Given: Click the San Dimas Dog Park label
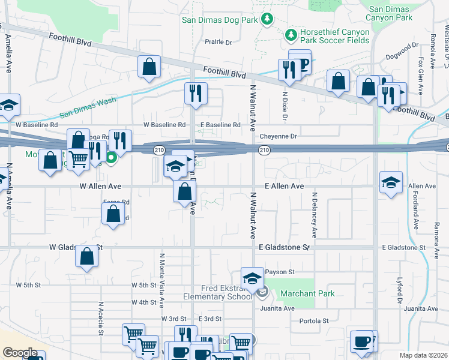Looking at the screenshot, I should pos(220,20).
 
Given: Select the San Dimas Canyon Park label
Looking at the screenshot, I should pos(391,13).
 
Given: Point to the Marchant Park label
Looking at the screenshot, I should pos(307,293).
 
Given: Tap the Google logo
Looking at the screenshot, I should pos(20,353).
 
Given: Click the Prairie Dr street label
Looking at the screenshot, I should pos(218,42).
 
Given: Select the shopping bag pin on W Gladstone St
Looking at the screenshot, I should pos(87,256).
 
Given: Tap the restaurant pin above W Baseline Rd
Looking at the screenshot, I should pos(195,93).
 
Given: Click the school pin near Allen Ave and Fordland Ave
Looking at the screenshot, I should pos(391,182).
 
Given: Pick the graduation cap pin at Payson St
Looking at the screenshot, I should pos(253,278).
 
